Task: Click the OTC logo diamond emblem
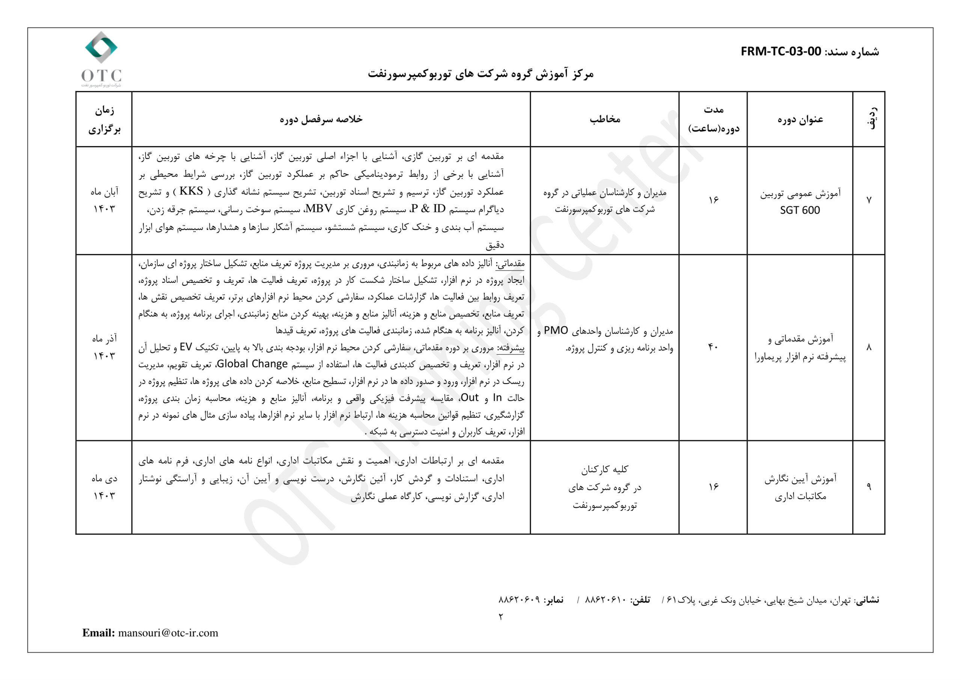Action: (101, 47)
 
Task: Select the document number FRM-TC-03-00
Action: (781, 51)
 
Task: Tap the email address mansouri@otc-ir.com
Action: (168, 633)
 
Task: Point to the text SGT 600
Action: (800, 210)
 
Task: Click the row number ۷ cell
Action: (869, 201)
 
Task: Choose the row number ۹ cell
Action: (869, 487)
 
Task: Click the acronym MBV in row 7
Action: (319, 209)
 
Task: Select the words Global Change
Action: (252, 364)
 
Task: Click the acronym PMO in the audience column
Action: (556, 331)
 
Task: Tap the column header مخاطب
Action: (605, 119)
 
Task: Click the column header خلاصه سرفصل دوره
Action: (321, 119)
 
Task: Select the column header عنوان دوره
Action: (800, 120)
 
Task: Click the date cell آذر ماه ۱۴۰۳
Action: (104, 347)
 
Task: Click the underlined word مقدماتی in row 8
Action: (510, 263)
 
